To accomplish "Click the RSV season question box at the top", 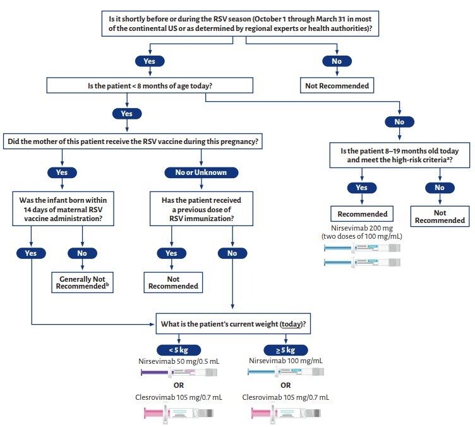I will (245, 22).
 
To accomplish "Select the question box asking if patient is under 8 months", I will (150, 85).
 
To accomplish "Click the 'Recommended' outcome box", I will (361, 213).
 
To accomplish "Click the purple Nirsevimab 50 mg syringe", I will (171, 373).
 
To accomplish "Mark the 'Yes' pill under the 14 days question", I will (30, 253).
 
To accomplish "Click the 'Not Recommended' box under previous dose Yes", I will (172, 282).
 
